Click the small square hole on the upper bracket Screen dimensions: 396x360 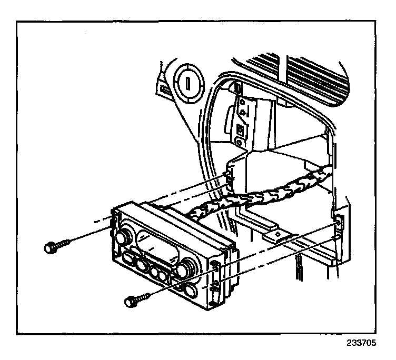(240, 129)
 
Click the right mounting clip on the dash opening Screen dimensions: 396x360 (337, 224)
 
